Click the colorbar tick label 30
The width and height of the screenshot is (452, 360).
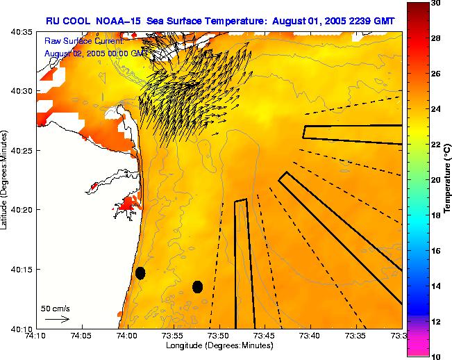coord(435,3)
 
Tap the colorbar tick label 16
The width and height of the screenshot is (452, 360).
coord(435,251)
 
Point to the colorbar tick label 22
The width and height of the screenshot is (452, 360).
coord(435,145)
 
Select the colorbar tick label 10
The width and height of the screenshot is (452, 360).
coord(435,357)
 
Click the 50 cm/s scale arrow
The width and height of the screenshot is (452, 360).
coord(57,319)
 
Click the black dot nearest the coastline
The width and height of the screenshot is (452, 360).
coord(140,272)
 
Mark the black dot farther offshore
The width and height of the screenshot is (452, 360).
coord(197,286)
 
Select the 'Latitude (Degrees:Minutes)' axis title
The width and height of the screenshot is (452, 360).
coord(6,181)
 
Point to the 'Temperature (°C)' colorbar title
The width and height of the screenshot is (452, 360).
coord(449,180)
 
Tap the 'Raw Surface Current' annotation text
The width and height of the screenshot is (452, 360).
coord(83,42)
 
